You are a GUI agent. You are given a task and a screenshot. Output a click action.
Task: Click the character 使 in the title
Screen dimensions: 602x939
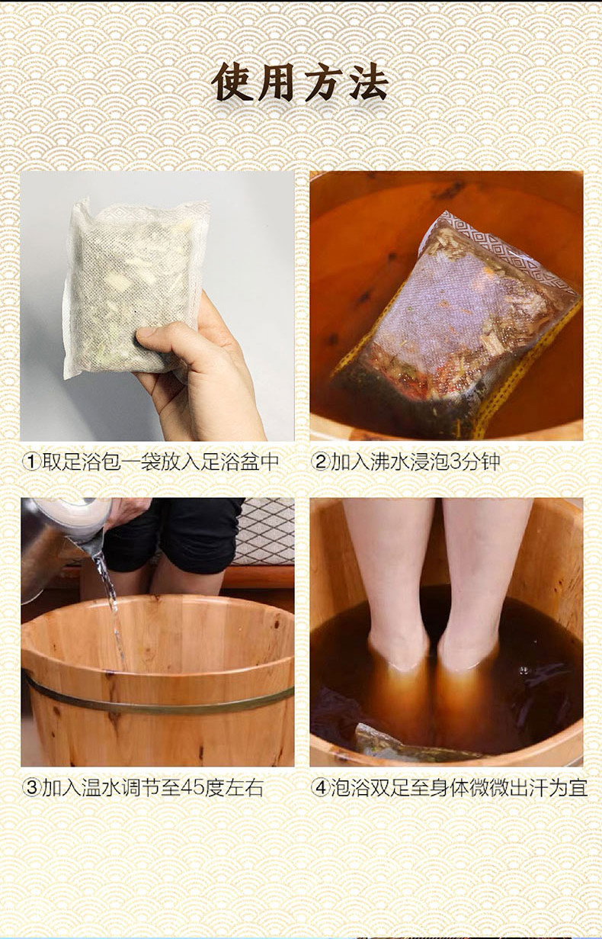pyautogui.click(x=232, y=82)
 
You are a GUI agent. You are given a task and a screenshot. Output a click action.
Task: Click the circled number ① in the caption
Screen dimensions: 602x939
pyautogui.click(x=31, y=462)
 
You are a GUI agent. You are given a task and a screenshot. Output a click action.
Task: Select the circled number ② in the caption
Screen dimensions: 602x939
pyautogui.click(x=321, y=462)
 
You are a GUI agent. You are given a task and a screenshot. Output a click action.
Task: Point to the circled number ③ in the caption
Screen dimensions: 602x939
pyautogui.click(x=31, y=789)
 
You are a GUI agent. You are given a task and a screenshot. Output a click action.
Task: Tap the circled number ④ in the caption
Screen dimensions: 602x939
pyautogui.click(x=321, y=789)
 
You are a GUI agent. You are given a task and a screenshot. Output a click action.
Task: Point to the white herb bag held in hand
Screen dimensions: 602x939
pyautogui.click(x=134, y=289)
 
